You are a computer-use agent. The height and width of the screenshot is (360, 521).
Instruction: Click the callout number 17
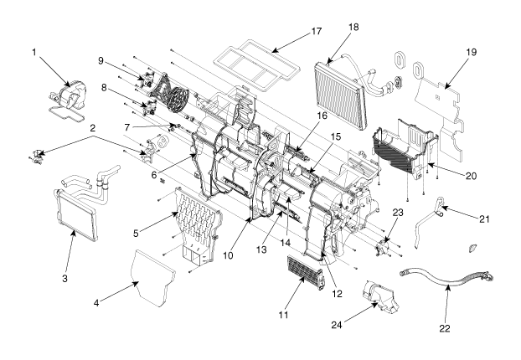317,31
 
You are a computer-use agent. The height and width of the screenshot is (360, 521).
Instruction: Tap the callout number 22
445,328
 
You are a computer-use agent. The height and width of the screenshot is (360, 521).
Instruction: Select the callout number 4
96,303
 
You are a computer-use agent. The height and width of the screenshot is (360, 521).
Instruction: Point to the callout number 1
34,52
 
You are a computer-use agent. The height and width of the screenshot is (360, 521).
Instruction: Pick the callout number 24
336,325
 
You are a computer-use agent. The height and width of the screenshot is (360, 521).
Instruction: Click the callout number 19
471,52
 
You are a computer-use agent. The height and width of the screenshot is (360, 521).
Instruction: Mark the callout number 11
283,315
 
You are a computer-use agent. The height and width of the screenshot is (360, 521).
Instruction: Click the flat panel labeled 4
152,277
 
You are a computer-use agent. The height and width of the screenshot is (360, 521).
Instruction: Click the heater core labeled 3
75,214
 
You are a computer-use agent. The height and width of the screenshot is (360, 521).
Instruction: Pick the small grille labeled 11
305,273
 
